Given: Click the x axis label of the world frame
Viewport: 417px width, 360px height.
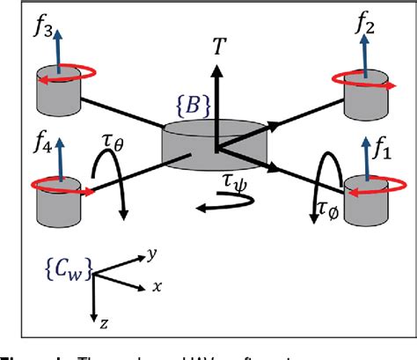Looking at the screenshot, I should pyautogui.click(x=156, y=286).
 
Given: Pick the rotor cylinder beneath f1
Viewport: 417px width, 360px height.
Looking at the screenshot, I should pyautogui.click(x=363, y=200).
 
